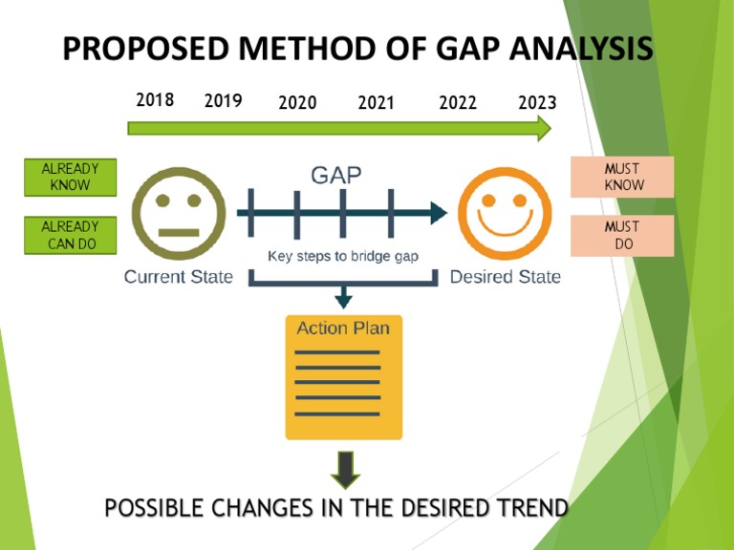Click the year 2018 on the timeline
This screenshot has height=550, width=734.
[x=155, y=99]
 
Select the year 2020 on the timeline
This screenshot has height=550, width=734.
[x=297, y=103]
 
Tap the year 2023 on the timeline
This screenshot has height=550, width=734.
[x=537, y=103]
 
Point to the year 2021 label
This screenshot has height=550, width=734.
[x=377, y=103]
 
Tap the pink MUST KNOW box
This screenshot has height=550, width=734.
[x=622, y=177]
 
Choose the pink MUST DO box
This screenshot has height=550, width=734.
[x=622, y=236]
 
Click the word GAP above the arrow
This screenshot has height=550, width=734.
[x=336, y=175]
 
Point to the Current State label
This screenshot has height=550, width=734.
[x=179, y=277]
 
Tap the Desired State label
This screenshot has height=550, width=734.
[x=506, y=277]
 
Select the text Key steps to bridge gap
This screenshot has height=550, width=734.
[x=342, y=256]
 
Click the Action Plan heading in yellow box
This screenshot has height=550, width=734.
[x=343, y=328]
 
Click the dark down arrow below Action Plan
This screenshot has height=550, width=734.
[x=343, y=468]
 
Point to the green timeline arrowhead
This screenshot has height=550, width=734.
[x=544, y=128]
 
